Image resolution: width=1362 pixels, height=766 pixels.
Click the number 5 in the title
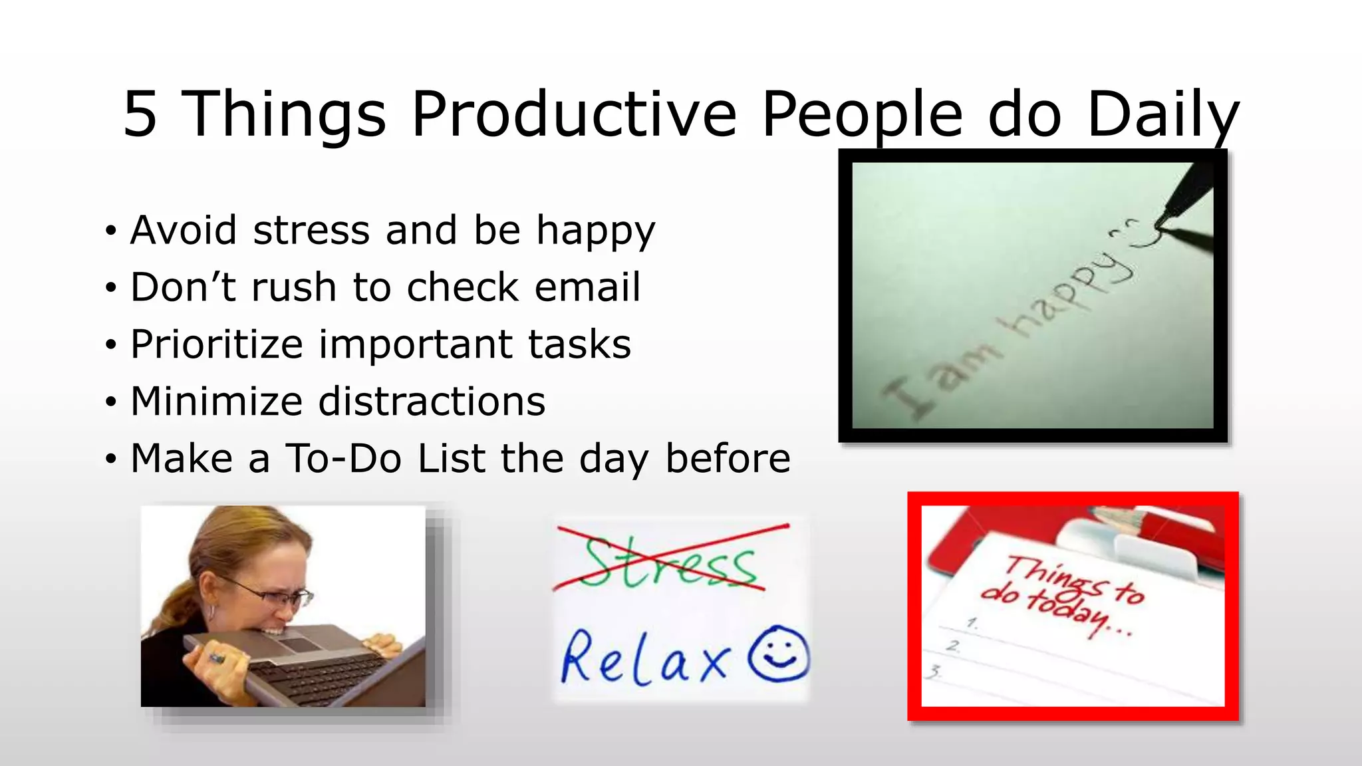coord(140,114)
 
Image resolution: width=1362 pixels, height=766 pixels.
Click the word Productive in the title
coord(574,114)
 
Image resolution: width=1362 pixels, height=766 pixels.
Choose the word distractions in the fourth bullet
coord(432,402)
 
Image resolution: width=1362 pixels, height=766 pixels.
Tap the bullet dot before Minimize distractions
coord(110,402)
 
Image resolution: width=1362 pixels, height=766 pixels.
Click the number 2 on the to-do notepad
coord(954,646)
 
